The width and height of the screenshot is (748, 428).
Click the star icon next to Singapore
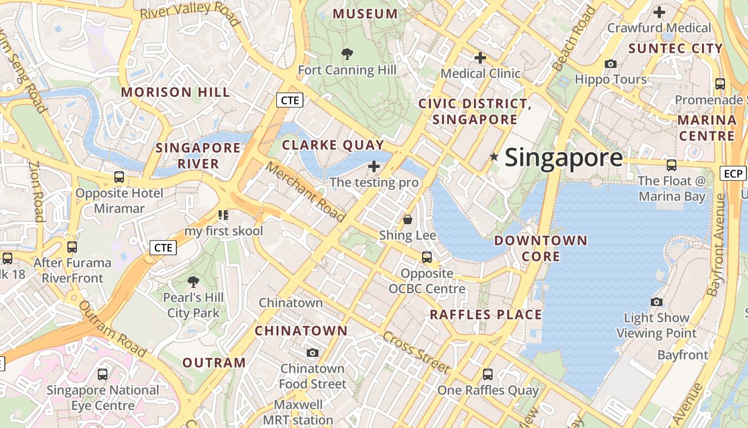tap(494, 157)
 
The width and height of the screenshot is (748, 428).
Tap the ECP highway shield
tap(733, 173)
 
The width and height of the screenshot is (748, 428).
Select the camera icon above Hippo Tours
tap(610, 64)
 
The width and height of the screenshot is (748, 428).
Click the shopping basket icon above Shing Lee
tap(408, 219)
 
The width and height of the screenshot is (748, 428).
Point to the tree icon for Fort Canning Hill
tap(347, 53)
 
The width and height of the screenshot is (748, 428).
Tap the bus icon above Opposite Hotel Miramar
tap(119, 177)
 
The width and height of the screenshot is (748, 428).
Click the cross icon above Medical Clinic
tap(480, 57)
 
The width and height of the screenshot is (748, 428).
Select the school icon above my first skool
tap(223, 215)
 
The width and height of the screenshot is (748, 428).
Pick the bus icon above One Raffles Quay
tap(488, 374)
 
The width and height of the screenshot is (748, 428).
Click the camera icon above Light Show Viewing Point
tap(657, 302)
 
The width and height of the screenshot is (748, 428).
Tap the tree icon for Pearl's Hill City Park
tap(193, 281)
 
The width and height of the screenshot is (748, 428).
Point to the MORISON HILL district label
tap(175, 92)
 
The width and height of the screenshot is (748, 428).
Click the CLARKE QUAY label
tap(333, 144)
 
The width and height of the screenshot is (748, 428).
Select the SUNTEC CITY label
tap(675, 49)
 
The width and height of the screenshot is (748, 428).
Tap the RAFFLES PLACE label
tap(486, 315)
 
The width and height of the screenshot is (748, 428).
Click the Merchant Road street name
tap(306, 192)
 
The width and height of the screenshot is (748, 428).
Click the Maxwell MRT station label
tap(298, 412)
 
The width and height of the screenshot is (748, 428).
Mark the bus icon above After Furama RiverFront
tap(72, 247)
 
